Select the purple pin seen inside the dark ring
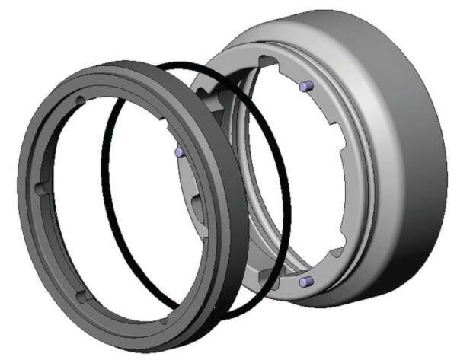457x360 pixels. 177,152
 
